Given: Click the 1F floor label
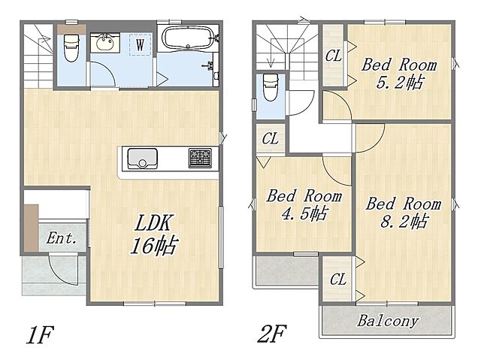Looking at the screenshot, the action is (x=41, y=335).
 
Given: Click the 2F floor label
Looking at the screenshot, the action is (x=272, y=334).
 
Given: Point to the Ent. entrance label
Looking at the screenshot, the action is (x=61, y=238).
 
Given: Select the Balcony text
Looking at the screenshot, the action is (x=388, y=321).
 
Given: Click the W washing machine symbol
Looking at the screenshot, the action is (x=141, y=45).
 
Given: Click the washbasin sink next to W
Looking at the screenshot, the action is (x=105, y=42).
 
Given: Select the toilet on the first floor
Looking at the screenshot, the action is (x=71, y=47).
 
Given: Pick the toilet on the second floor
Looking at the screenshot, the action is (x=271, y=87).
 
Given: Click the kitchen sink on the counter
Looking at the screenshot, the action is (x=142, y=159).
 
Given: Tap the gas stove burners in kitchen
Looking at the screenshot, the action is (x=200, y=158).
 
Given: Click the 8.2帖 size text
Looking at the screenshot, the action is (x=404, y=221).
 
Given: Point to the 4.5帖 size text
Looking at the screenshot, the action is (x=304, y=213).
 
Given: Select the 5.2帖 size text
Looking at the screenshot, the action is (x=401, y=82).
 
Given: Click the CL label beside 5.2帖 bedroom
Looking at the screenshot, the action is (x=334, y=56).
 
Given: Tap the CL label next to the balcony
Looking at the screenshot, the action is (x=338, y=280).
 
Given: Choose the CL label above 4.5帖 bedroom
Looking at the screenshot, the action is (x=271, y=138).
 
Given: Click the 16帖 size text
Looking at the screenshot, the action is (x=155, y=245).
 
